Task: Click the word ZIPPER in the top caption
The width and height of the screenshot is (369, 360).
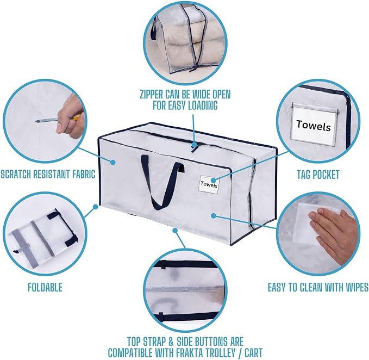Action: click(151, 95)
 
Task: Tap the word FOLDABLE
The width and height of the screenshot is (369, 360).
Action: click(45, 287)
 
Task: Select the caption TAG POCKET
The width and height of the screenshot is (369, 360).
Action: click(318, 175)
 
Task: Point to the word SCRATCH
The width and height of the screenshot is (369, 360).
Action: click(16, 174)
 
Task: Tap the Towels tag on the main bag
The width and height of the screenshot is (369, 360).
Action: click(209, 184)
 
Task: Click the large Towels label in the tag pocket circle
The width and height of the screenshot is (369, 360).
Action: click(314, 126)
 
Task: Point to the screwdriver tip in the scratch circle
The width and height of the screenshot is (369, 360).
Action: click(37, 121)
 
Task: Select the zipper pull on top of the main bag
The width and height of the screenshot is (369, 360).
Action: click(195, 147)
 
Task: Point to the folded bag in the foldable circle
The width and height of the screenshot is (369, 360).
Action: click(42, 238)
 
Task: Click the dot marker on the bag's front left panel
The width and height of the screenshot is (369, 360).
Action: click(113, 162)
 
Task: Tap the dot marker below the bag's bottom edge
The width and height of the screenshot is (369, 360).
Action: click(175, 229)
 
